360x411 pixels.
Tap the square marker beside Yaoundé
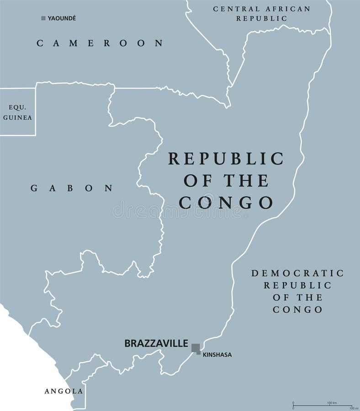(x=43, y=18)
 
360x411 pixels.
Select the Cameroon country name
(x=100, y=43)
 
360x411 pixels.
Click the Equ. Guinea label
(x=17, y=113)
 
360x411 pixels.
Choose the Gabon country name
(x=72, y=188)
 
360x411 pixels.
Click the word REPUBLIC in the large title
(x=226, y=159)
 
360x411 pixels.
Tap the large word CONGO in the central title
(x=226, y=202)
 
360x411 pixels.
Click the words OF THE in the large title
(x=226, y=181)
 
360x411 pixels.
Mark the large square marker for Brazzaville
(x=196, y=348)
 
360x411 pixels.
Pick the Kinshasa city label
(x=217, y=354)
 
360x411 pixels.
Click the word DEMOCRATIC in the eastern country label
(x=297, y=274)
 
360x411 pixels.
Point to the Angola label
(x=64, y=391)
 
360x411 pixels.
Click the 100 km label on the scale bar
(x=332, y=402)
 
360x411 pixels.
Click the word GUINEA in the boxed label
(x=17, y=117)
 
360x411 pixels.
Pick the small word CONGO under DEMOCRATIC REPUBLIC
(x=297, y=310)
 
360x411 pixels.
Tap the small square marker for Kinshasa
(x=199, y=353)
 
